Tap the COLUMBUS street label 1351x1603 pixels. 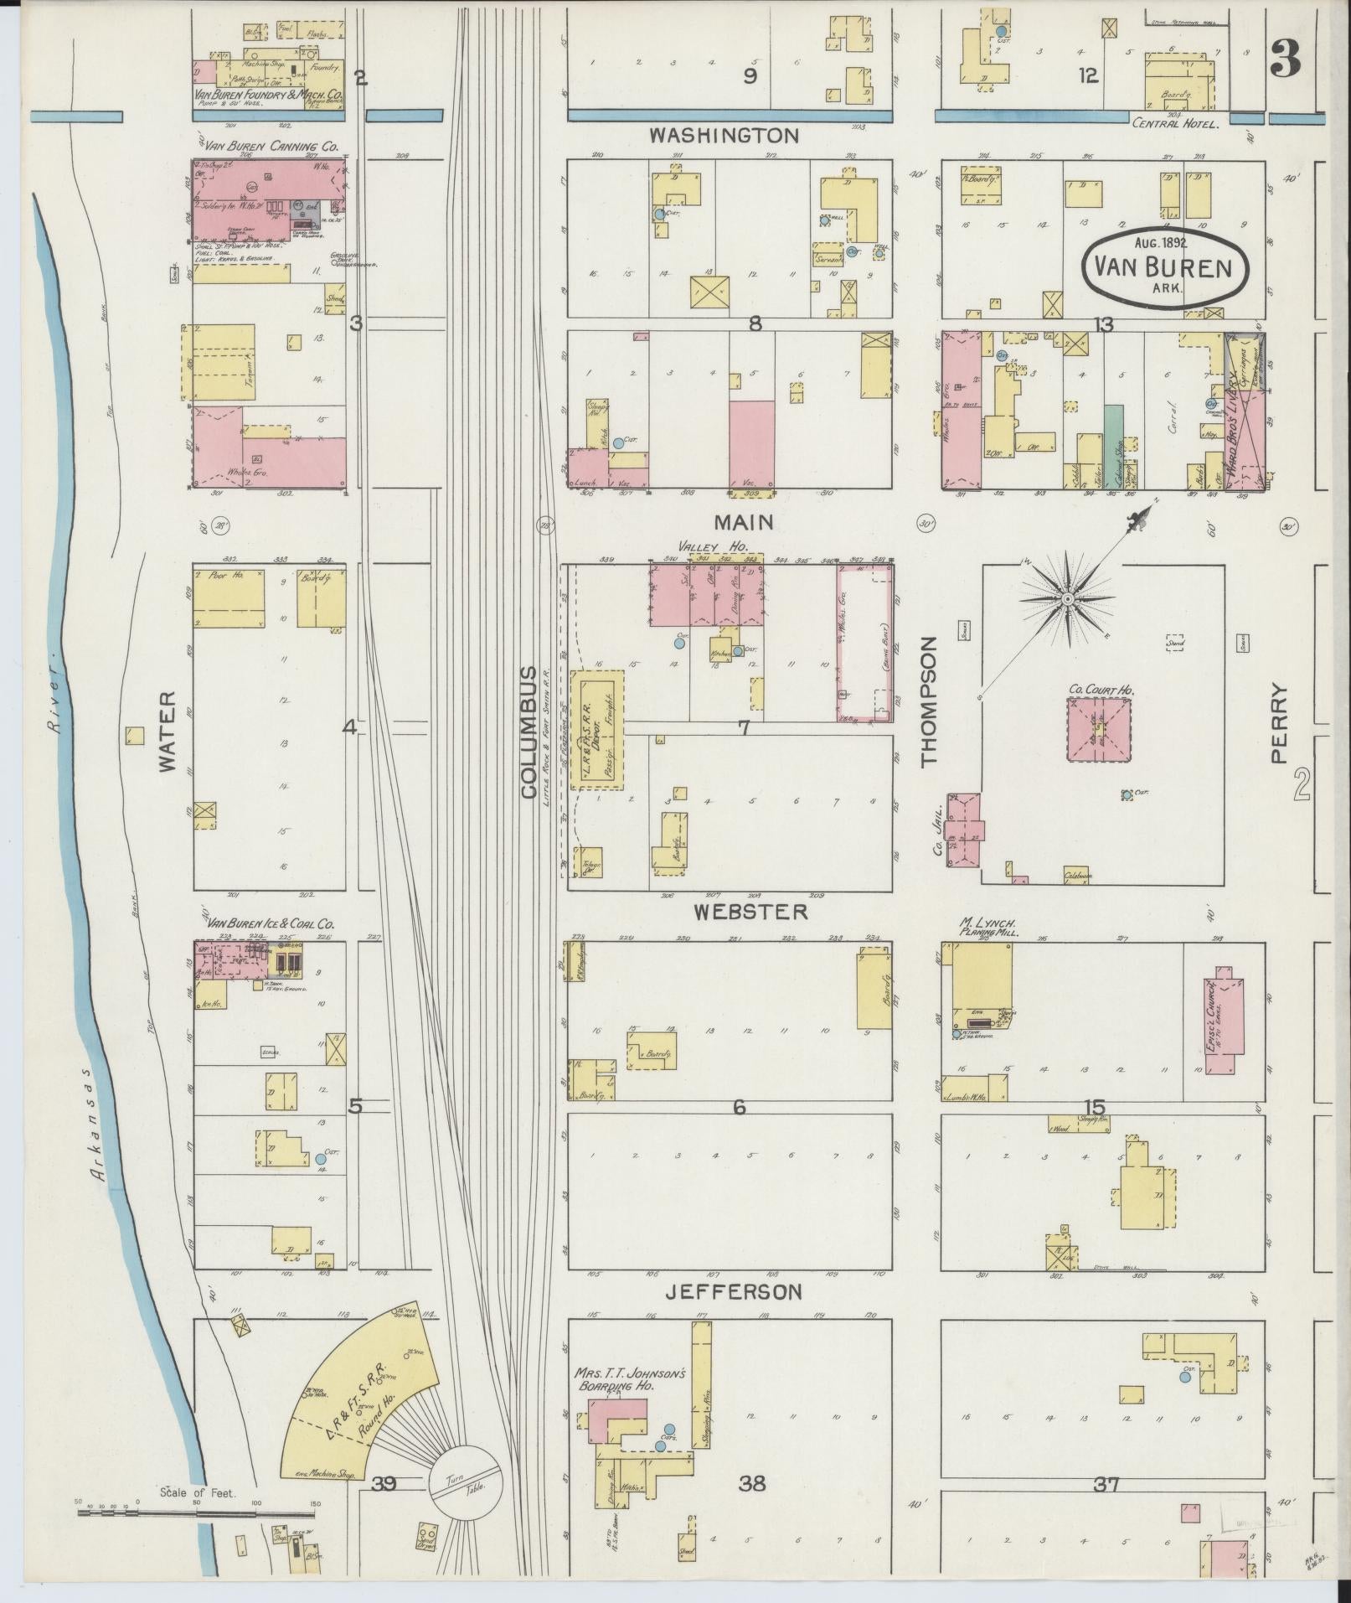(x=529, y=732)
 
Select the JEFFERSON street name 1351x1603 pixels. (x=733, y=1316)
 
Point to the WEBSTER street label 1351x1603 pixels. (x=750, y=911)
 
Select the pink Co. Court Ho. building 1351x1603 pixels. (x=1099, y=730)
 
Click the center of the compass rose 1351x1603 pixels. (x=1068, y=600)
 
